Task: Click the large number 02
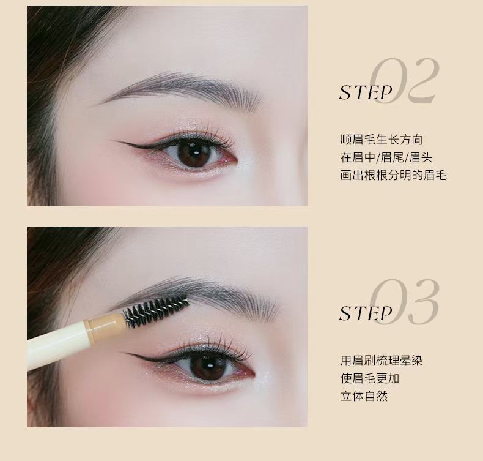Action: tap(404, 81)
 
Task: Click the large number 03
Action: tap(404, 302)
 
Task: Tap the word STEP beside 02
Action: tap(366, 92)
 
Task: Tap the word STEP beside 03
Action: tap(366, 313)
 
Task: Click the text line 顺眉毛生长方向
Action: tap(382, 140)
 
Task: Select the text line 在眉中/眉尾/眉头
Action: tap(386, 157)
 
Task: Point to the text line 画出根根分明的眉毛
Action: tap(393, 175)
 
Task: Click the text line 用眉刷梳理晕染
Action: tap(382, 361)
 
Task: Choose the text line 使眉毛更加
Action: tap(370, 378)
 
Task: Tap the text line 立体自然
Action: tap(364, 396)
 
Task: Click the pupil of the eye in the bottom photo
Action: tap(210, 365)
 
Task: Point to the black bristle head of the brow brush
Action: tap(156, 309)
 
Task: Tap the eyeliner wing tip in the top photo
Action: tap(111, 141)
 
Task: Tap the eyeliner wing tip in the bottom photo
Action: tap(121, 353)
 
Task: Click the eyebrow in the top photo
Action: tap(182, 88)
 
